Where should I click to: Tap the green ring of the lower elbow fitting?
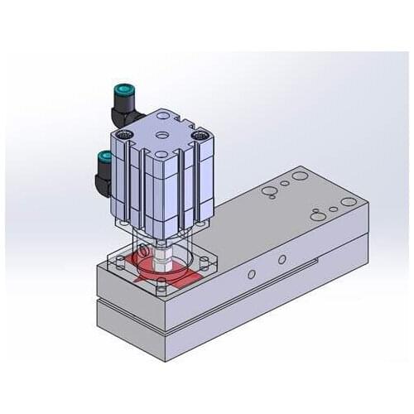(104, 156)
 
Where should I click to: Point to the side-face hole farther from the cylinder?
(282, 260)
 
